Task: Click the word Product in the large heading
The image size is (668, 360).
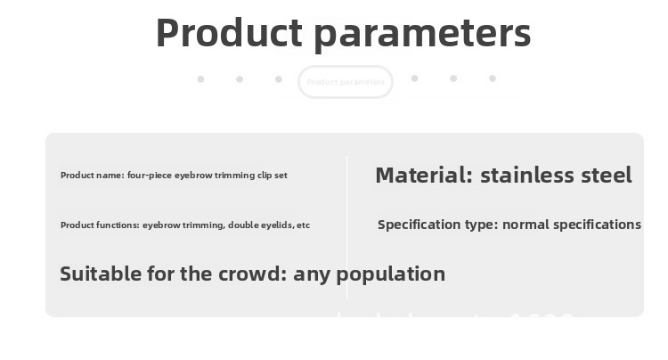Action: tap(229, 34)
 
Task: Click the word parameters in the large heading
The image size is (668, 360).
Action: tap(423, 34)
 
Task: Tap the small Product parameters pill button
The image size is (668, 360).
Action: tap(346, 82)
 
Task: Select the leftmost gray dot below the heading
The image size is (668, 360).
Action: tap(200, 79)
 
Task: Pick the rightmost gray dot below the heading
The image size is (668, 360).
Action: tap(492, 78)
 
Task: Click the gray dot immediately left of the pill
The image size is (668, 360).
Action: tap(278, 79)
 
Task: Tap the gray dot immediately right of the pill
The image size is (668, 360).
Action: tap(414, 78)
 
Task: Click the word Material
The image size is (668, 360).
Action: tap(421, 176)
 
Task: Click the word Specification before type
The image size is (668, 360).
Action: tap(418, 225)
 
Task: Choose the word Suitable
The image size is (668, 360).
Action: tap(97, 274)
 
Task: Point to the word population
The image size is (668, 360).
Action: tap(392, 274)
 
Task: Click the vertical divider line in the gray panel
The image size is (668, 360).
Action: tap(346, 227)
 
